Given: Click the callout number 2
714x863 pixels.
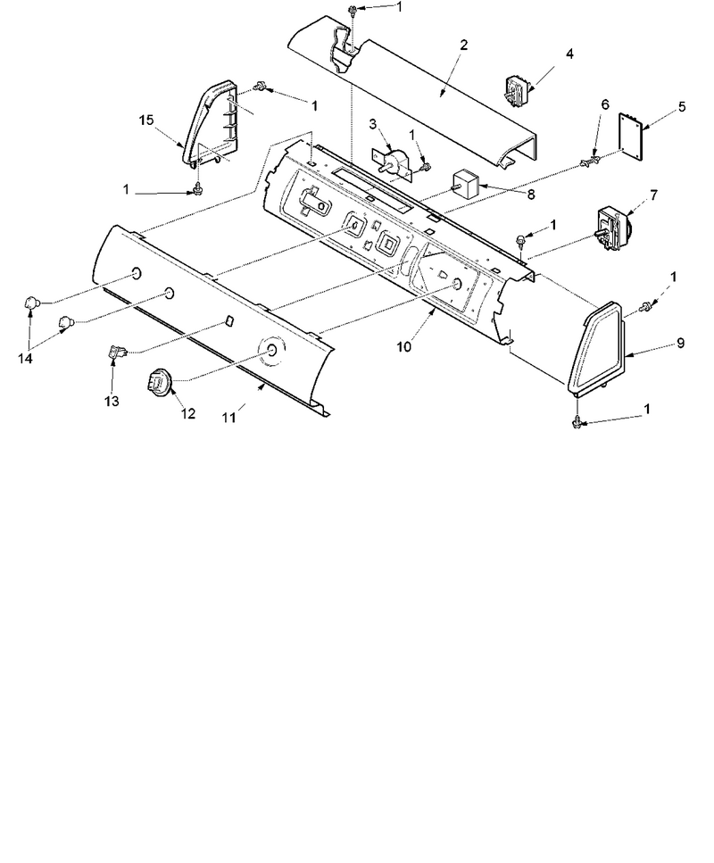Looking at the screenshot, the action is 463,46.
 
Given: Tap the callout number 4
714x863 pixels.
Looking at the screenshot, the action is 569,54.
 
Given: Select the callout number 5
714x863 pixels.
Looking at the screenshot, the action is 682,106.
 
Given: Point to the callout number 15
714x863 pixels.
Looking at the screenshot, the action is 146,120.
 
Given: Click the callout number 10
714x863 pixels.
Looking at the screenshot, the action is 404,347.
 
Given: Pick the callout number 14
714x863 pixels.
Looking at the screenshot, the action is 25,358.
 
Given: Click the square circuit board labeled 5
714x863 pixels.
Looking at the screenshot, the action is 631,137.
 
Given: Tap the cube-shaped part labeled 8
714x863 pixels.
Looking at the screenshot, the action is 466,183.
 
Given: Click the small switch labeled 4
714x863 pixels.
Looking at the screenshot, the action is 518,88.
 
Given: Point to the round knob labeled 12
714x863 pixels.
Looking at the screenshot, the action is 159,381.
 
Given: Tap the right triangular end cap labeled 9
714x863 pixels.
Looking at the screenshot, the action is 598,347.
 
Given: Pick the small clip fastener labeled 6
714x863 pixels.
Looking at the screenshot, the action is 588,162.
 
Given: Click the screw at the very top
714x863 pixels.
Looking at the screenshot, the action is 352,9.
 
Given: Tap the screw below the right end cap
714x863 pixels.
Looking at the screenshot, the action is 577,422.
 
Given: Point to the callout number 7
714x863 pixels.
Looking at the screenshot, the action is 653,195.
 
